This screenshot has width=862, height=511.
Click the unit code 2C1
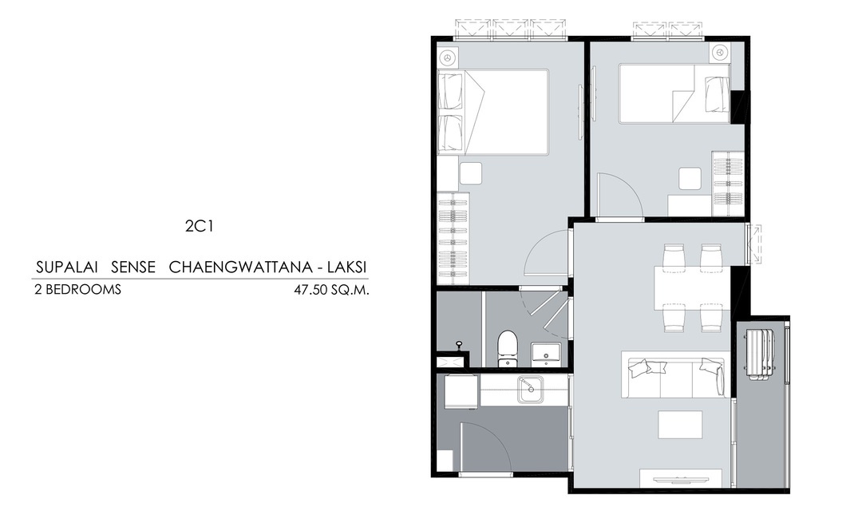[199, 226]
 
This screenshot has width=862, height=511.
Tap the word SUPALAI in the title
[67, 267]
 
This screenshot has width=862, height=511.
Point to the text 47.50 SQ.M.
[331, 289]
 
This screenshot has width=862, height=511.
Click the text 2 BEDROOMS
[77, 289]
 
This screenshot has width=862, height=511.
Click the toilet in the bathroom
[506, 347]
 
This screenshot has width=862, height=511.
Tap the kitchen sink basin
[530, 389]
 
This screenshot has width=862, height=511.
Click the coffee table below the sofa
[680, 424]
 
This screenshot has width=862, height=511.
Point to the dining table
[691, 287]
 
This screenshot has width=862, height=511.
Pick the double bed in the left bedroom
[493, 112]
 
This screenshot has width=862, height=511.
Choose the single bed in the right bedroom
[674, 93]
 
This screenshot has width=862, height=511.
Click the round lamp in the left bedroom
[448, 57]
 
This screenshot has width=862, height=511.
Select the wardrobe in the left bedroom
[453, 238]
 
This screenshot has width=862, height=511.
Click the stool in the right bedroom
[690, 179]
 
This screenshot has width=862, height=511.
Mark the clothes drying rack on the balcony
[759, 354]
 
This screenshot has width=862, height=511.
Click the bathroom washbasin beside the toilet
[546, 353]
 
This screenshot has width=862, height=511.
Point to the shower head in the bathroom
[458, 345]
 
